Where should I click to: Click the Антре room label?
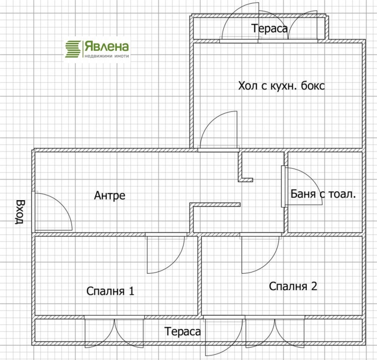[x=110, y=195]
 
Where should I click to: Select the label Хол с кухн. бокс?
[x=282, y=86]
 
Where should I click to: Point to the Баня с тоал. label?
[x=323, y=193]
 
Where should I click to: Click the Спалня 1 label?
[x=111, y=291]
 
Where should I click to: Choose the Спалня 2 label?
[x=293, y=286]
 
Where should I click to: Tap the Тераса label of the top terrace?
[x=270, y=28]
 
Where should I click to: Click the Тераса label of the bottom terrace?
[x=183, y=331]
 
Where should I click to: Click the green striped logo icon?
[x=73, y=49]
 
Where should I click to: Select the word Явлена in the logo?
[x=107, y=46]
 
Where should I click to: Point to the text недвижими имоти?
[x=107, y=55]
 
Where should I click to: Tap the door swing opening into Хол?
[x=219, y=132]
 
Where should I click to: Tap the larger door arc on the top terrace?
[x=240, y=24]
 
